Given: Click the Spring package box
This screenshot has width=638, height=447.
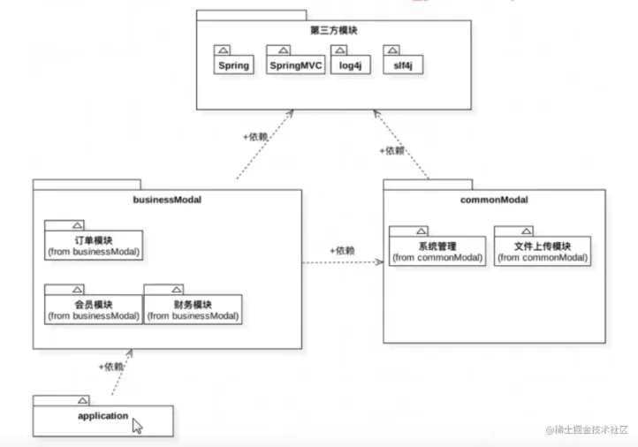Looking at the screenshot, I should [x=235, y=64].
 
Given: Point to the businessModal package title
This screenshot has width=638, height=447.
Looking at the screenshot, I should [x=167, y=200].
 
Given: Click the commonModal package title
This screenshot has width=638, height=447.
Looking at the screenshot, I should [x=494, y=200].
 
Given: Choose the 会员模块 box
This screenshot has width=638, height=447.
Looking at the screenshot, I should [x=94, y=308].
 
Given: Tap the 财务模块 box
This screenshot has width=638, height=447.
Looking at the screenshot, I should [x=193, y=308].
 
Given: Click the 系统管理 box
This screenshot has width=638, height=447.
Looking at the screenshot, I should [x=437, y=251].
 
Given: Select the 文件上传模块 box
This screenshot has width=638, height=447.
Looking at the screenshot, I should [x=542, y=251].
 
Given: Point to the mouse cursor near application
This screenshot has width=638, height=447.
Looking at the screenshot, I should [x=137, y=425].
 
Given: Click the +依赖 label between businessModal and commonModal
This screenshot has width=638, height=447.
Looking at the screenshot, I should [x=342, y=251].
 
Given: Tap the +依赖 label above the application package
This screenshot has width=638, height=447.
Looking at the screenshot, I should [x=110, y=366].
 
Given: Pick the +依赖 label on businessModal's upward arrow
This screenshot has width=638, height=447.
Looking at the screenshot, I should [x=255, y=136].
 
